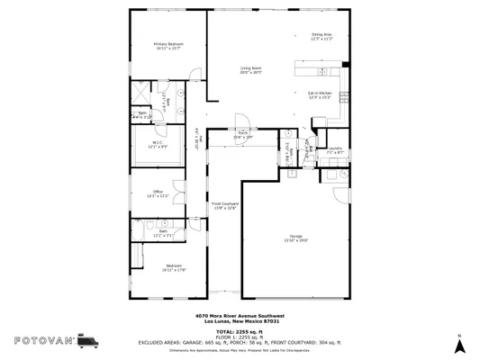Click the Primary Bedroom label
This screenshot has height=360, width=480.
(168, 46)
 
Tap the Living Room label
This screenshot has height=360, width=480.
(250, 70)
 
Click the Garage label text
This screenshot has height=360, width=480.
(296, 238)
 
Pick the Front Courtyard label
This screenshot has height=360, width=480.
(224, 206)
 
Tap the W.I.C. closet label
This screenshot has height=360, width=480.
(157, 145)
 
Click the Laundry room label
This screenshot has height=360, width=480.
(335, 150)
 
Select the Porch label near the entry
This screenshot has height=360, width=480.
(242, 134)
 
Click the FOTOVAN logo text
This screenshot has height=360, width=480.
(42, 340)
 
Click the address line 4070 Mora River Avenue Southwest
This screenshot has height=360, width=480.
(240, 316)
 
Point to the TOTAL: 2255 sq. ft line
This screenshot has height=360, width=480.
(240, 332)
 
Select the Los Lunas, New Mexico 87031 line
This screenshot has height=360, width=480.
(240, 321)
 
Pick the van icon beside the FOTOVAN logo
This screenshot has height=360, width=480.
(89, 340)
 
